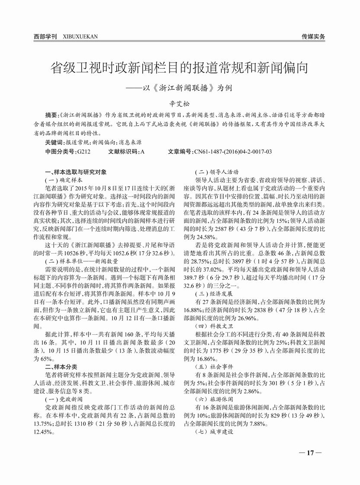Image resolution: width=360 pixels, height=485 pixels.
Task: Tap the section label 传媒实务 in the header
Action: (x=313, y=37)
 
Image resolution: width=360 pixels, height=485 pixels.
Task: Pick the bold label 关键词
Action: (x=54, y=142)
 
